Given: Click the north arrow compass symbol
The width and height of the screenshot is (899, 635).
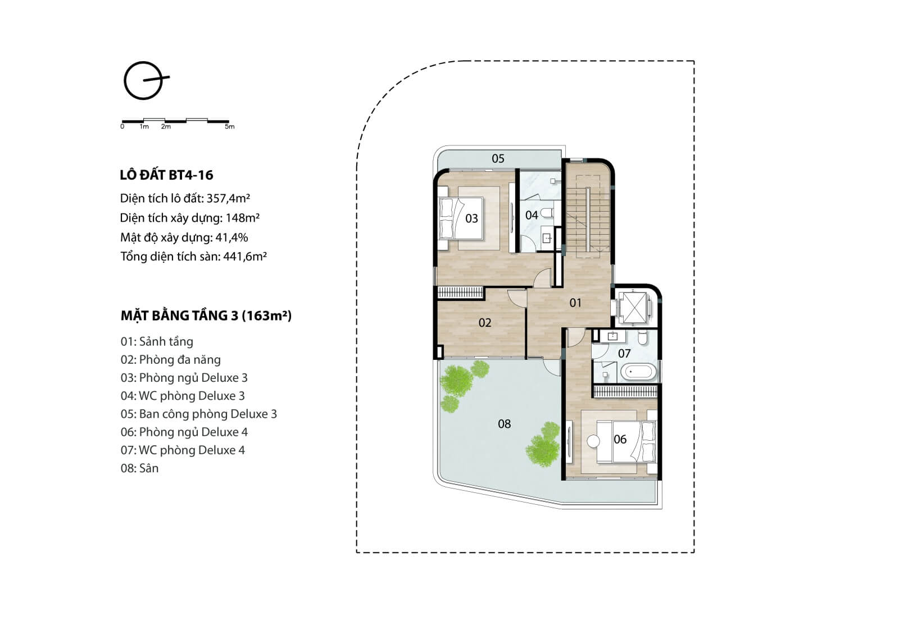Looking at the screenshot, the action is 144,80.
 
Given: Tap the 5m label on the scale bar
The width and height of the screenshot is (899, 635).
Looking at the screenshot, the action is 230,127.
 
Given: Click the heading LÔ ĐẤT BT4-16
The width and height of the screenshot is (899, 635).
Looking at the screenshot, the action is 166,175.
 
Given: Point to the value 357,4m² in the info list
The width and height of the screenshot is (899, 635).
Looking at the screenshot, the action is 228,198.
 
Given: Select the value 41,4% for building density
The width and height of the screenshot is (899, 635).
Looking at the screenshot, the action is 231,237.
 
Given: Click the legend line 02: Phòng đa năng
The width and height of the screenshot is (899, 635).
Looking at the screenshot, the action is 171,360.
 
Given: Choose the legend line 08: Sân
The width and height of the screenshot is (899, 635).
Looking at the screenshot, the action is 140,468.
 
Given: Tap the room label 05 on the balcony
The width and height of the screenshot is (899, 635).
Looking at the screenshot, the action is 498,158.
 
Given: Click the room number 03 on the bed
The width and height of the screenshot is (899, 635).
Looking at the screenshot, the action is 471,218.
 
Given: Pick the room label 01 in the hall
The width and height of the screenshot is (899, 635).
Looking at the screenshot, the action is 575,303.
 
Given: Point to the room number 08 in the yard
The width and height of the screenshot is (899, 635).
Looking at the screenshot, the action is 505,424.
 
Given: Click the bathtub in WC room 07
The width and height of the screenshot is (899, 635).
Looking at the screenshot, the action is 639,372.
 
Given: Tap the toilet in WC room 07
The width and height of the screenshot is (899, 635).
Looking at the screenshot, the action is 643,338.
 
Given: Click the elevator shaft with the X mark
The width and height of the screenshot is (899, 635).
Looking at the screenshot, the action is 633,308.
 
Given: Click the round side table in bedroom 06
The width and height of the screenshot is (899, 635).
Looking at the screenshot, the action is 593,441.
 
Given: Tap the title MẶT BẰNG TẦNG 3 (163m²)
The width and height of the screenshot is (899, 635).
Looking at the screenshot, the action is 206,316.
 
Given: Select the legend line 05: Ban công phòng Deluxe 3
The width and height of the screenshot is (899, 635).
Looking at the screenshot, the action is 199,414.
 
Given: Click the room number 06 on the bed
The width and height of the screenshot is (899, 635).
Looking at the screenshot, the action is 620,439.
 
